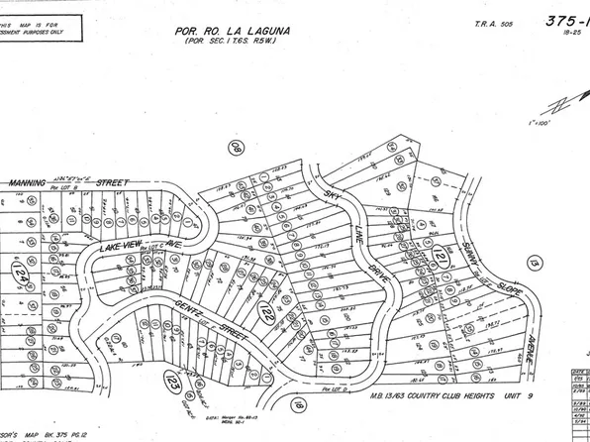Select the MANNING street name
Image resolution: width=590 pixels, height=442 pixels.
click(36, 183)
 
